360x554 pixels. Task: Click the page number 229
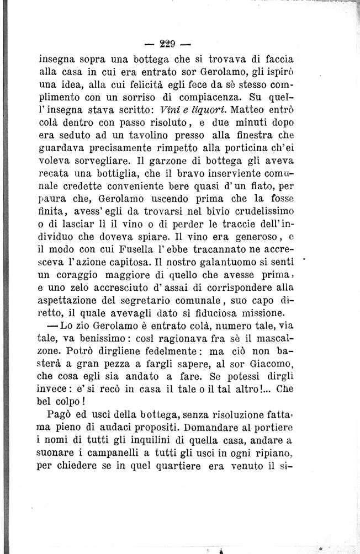click(166, 43)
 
